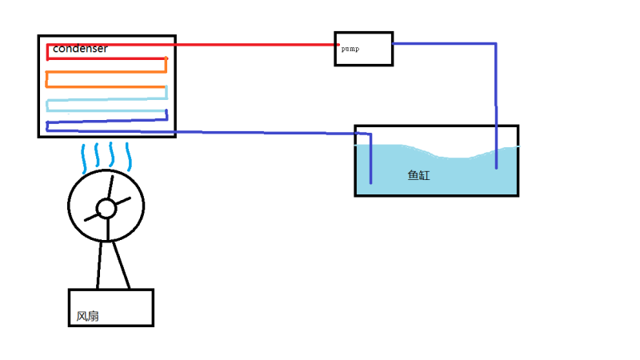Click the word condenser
pos(80,49)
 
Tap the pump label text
pos(350,49)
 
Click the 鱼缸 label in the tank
pos(418,175)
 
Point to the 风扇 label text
pos(88,316)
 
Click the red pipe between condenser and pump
pos(256,45)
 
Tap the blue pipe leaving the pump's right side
pos(448,44)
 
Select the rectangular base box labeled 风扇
pos(111,308)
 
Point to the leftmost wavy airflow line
pos(84,158)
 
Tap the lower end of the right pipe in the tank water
pos(496,166)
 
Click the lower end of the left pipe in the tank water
pos(371,181)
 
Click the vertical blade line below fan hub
pos(106,229)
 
